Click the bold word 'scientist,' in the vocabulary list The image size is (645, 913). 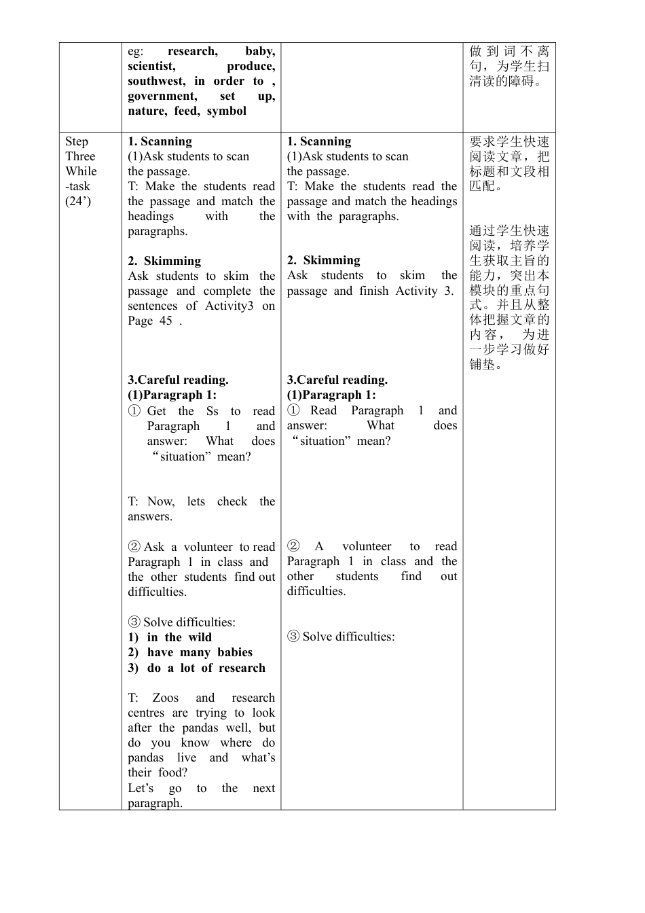[151, 67]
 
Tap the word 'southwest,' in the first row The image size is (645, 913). [156, 82]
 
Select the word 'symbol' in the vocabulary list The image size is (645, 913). [227, 111]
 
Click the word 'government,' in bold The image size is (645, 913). [162, 96]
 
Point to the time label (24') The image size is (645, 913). [78, 201]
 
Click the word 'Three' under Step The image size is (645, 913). [80, 156]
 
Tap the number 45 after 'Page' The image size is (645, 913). [166, 321]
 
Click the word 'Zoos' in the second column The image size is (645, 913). [166, 698]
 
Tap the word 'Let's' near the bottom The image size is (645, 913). [141, 789]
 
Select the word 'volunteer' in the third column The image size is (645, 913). [367, 547]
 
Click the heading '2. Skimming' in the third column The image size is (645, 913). [324, 261]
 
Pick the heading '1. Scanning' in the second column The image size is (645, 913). [160, 142]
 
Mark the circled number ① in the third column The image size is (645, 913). [293, 410]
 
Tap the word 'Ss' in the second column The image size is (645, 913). [213, 412]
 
